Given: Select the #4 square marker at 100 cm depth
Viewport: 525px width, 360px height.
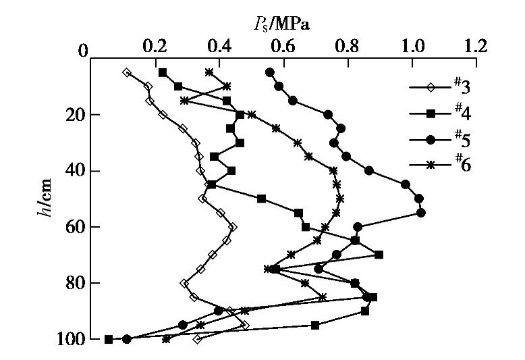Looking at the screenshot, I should click(x=109, y=339).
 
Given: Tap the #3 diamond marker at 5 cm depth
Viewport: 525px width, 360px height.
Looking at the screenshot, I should click(x=126, y=72).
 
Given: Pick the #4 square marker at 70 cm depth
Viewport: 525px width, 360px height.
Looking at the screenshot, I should click(x=379, y=255).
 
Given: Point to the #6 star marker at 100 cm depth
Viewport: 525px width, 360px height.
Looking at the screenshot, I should click(x=166, y=339).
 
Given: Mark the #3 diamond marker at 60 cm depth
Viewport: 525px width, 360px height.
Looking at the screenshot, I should click(x=233, y=227).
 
